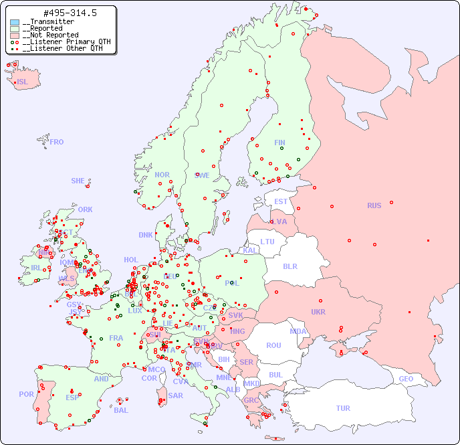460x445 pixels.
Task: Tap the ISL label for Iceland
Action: coord(23,82)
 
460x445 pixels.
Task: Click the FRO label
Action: coord(57,142)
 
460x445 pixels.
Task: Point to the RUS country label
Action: coord(374,205)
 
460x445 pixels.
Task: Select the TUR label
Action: coord(343,408)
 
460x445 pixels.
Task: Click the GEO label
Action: coord(406,379)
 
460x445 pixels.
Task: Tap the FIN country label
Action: coord(279,143)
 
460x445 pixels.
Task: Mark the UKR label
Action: coord(318,312)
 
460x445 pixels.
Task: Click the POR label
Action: coord(26,394)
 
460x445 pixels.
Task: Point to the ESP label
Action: coord(72,397)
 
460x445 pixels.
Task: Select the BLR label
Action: coord(290,266)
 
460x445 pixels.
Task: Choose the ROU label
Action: coord(273,345)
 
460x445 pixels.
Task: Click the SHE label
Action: coord(78,181)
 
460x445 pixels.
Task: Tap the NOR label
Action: coord(162,175)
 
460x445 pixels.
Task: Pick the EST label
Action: coord(281,201)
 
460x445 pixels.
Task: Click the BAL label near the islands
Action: coord(120,410)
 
